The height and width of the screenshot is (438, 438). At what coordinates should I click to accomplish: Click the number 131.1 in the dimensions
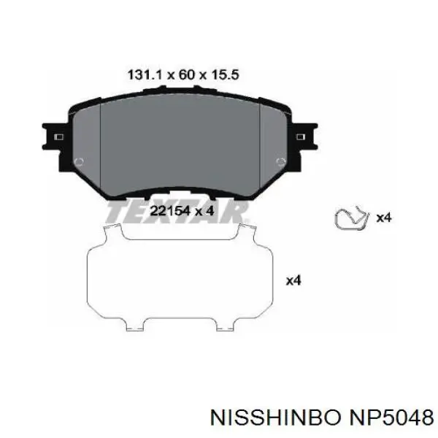point(145,75)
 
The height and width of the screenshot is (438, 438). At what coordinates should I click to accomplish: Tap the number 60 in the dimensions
point(187,75)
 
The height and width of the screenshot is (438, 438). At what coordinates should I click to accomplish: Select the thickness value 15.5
point(225,75)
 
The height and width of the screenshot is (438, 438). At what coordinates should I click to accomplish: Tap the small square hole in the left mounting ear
point(59,137)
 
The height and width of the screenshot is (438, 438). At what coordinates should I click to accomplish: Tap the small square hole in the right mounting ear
point(301,137)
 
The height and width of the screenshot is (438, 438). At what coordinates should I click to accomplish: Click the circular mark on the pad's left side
point(79,162)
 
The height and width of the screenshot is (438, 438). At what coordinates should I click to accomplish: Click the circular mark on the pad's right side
point(281,162)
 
